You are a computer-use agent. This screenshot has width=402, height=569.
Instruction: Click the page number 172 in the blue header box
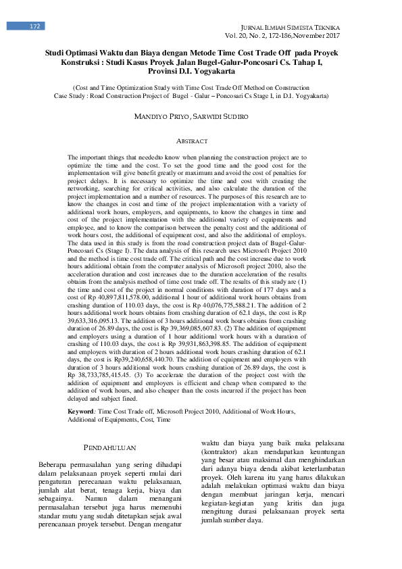pyautogui.click(x=36, y=26)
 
